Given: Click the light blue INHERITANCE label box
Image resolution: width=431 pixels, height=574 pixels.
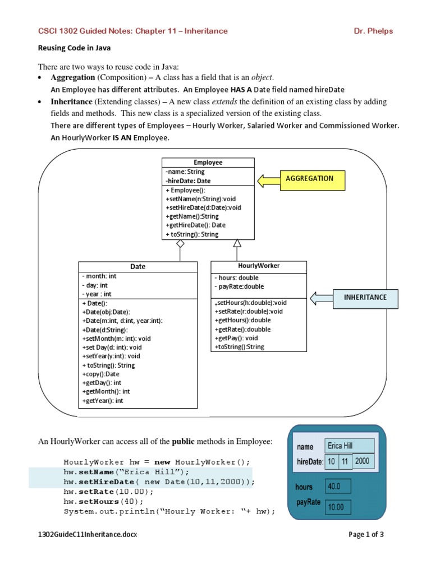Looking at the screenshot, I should pyautogui.click(x=365, y=298).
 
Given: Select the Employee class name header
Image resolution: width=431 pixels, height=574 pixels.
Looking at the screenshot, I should pyautogui.click(x=208, y=163).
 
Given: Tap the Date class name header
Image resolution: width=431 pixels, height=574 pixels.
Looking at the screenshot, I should pyautogui.click(x=137, y=267).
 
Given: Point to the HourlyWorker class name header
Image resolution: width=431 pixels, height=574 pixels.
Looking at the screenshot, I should pyautogui.click(x=259, y=266).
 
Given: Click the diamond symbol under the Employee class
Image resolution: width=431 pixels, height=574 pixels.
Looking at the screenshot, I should pyautogui.click(x=180, y=244).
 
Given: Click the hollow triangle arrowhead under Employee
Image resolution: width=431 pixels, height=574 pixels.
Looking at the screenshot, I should pyautogui.click(x=237, y=243).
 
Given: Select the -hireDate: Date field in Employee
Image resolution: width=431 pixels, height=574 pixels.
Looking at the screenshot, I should pyautogui.click(x=189, y=181).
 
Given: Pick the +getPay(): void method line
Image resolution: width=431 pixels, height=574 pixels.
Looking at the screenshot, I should pyautogui.click(x=236, y=338).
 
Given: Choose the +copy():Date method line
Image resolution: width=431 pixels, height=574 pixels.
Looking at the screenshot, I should pyautogui.click(x=101, y=374).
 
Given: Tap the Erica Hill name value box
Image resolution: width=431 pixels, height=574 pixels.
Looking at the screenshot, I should pyautogui.click(x=349, y=446).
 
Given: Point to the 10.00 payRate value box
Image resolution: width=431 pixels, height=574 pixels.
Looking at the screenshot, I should pyautogui.click(x=338, y=507).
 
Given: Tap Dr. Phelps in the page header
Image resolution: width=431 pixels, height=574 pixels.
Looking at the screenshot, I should pyautogui.click(x=374, y=31).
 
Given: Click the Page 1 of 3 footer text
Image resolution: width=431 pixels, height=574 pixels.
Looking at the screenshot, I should pyautogui.click(x=366, y=534).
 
